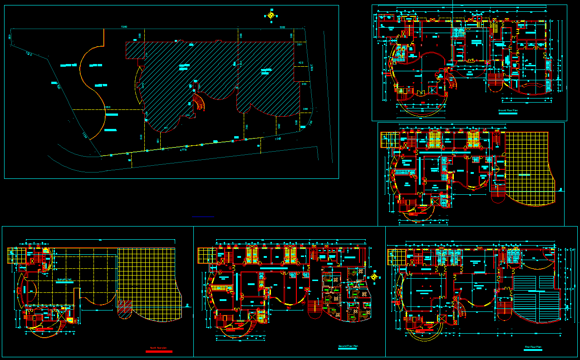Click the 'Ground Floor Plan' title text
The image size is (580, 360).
click(508, 110)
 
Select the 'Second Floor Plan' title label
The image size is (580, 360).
click(348, 346)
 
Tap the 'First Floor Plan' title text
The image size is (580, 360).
click(533, 347)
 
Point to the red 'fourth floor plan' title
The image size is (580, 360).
click(158, 348)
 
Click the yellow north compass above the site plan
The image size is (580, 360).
click(271, 15)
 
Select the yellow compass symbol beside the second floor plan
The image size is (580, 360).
click(374, 276)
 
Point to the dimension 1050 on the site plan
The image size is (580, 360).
click(108, 107)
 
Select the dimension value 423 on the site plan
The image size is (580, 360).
click(300, 62)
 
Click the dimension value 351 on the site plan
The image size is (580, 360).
click(299, 44)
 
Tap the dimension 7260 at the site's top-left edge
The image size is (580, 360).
click(124, 28)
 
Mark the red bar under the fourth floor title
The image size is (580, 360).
click(158, 351)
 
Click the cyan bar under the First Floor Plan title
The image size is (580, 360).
click(533, 350)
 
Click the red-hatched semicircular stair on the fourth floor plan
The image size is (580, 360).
click(123, 310)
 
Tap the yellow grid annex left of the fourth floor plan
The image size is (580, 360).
click(17, 256)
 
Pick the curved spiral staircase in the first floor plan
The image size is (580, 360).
click(461, 310)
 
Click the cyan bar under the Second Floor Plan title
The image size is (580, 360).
click(348, 349)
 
